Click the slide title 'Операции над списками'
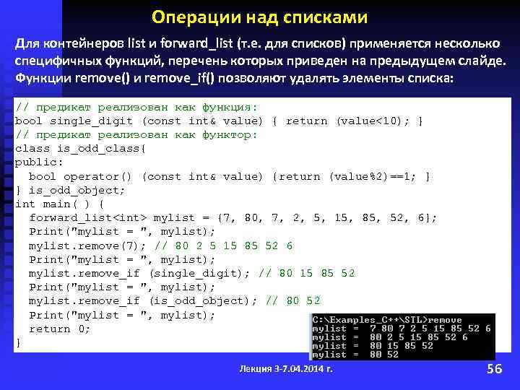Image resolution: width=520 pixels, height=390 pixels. click(260, 17)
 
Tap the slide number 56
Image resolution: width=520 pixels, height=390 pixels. click(495, 369)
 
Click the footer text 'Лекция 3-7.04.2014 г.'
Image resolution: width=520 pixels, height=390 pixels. click(286, 369)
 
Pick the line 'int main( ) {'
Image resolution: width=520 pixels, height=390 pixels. click(59, 204)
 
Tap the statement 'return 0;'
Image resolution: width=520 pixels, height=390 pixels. click(59, 329)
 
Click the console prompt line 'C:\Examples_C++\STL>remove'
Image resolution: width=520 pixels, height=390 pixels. click(386, 318)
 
